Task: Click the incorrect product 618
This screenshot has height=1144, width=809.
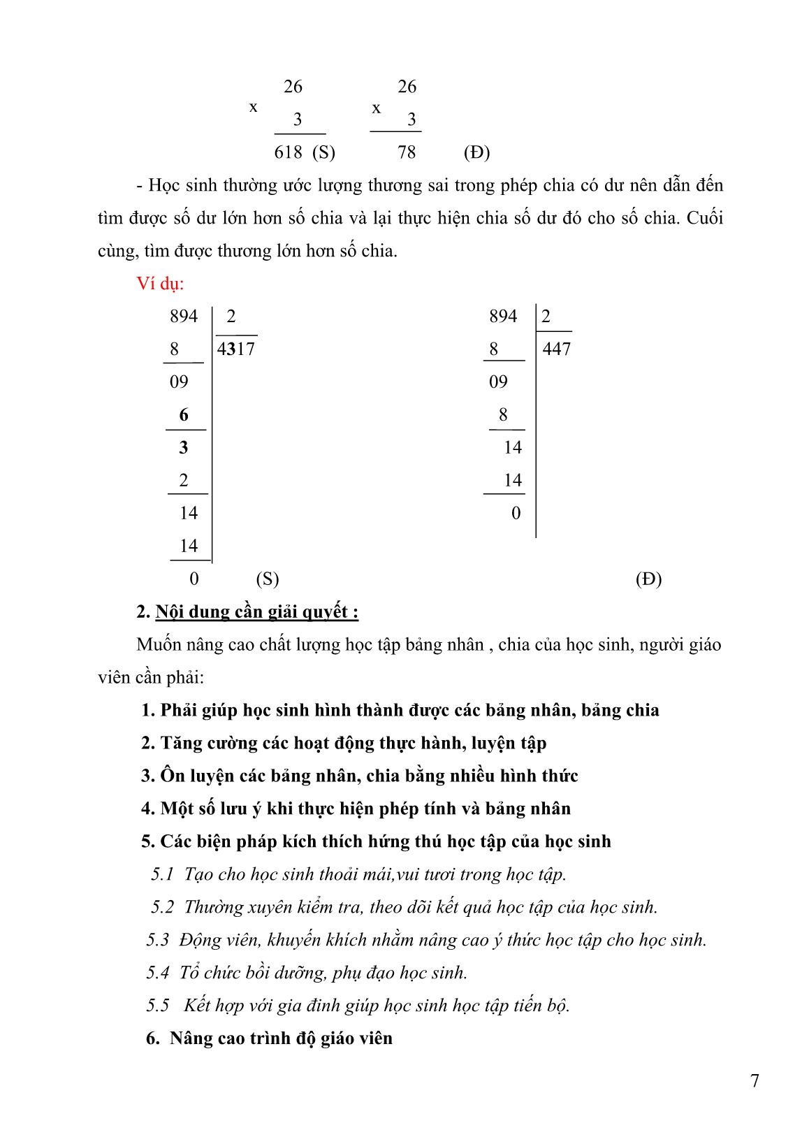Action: coord(288,152)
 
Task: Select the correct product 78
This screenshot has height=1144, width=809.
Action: coord(407,152)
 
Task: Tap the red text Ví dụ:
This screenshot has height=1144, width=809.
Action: coord(160,284)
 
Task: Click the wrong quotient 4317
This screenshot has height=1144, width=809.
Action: coord(236,349)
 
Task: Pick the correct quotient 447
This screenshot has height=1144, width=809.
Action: coord(556,349)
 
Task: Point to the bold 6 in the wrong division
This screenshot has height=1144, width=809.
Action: coord(184,415)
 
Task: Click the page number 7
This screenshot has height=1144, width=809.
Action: coord(755,1081)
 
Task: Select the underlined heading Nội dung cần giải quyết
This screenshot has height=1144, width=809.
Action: coord(256,612)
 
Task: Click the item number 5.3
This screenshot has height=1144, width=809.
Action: coord(158,940)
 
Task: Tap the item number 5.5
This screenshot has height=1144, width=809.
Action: coord(158,1006)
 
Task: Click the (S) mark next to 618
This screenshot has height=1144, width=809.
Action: coord(323,152)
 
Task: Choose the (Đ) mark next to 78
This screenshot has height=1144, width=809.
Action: coord(476,152)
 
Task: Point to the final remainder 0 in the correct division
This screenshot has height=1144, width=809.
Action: coord(516,514)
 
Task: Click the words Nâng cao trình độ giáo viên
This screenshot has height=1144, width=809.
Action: coord(281,1038)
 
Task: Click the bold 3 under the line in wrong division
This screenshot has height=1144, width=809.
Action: coord(184,448)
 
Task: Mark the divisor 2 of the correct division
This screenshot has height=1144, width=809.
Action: coord(546,317)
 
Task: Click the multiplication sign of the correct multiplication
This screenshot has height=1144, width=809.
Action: coord(377,108)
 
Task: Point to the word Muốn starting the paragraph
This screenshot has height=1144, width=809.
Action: coord(159,645)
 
